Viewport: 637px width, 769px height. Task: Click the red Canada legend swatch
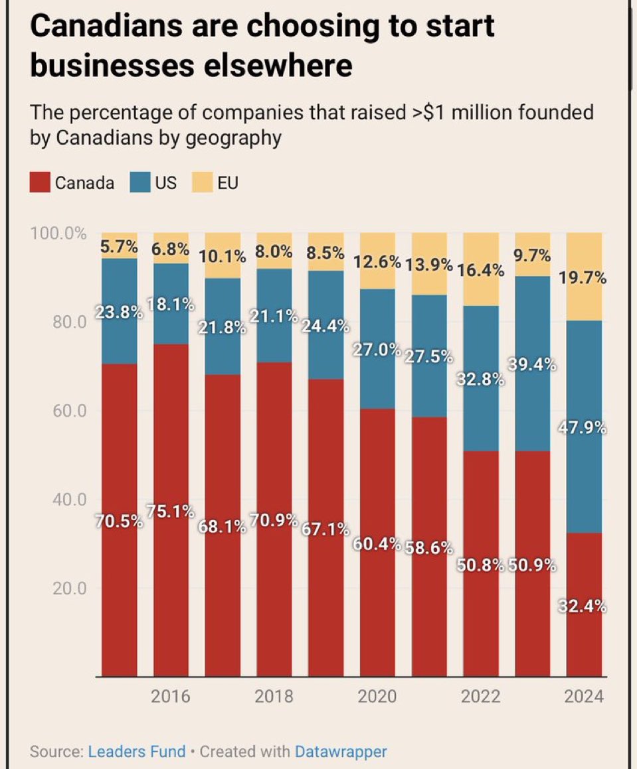(x=40, y=182)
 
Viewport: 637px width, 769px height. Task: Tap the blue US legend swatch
(x=141, y=182)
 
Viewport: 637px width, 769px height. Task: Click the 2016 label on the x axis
(x=171, y=696)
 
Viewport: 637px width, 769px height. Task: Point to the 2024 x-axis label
(x=584, y=696)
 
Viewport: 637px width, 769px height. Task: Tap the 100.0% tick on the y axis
(x=58, y=234)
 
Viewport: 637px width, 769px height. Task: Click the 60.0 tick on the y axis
(x=68, y=411)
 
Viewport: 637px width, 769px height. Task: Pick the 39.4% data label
(x=533, y=364)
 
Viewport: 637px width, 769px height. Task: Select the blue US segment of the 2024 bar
(x=585, y=478)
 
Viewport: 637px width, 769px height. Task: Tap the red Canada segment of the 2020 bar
(x=377, y=597)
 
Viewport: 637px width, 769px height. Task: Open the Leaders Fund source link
(x=137, y=752)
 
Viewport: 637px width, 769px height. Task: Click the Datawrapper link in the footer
(x=341, y=752)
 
